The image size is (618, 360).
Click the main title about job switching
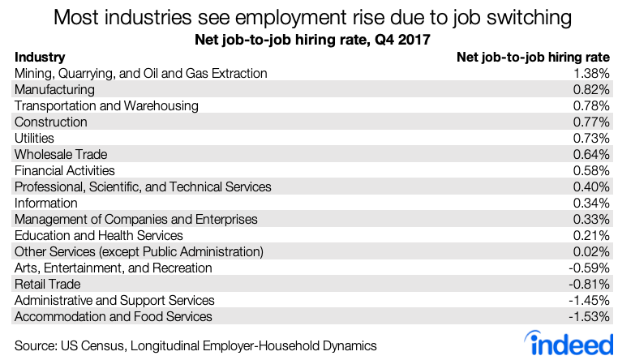308,17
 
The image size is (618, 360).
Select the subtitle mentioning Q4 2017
308,38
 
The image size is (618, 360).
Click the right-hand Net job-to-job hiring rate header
534,58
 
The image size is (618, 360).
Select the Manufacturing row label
54,90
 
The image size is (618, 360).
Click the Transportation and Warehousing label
106,106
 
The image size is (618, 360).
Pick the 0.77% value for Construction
590,122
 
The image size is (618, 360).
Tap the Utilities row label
34,139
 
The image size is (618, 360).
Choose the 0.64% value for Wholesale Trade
590,155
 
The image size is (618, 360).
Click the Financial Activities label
65,171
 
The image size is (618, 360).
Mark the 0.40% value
590,187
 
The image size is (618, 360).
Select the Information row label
46,204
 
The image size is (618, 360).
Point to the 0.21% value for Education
590,236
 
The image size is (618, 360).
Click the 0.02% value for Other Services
590,252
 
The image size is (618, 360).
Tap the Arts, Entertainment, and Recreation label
114,268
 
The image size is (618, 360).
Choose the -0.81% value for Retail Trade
588,285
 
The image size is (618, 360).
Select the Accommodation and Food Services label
114,317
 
